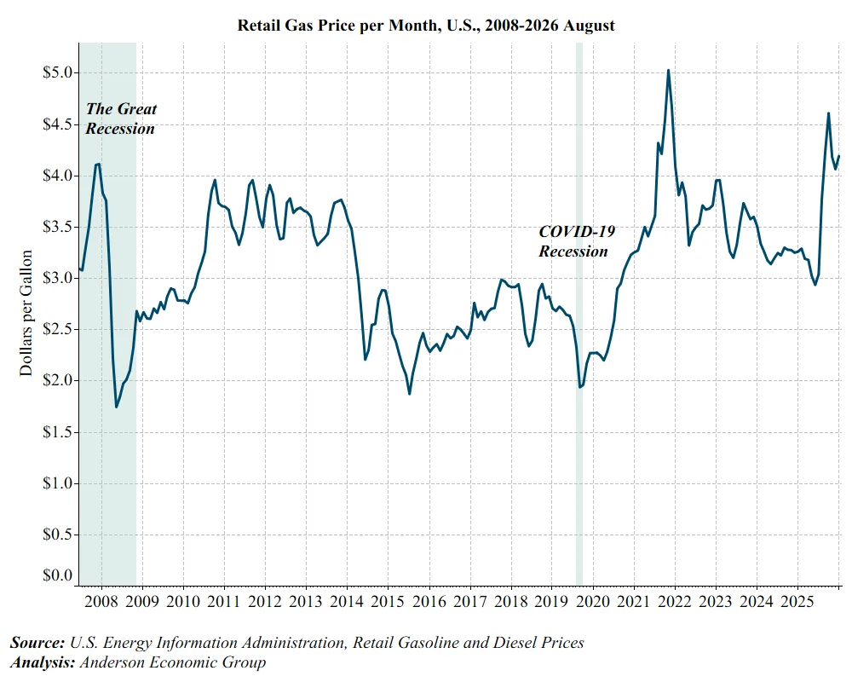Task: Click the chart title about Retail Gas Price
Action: (x=426, y=25)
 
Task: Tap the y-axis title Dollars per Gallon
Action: (x=26, y=313)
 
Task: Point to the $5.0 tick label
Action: (x=58, y=72)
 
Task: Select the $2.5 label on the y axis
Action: (x=58, y=329)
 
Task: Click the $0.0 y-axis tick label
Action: (x=58, y=575)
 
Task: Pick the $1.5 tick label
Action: (x=58, y=432)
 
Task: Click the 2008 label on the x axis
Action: (x=101, y=601)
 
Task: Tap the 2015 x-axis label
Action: (x=388, y=601)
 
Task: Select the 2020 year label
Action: (x=593, y=601)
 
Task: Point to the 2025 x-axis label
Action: (x=797, y=601)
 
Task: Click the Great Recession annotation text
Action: (x=121, y=118)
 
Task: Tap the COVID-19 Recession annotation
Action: (x=577, y=241)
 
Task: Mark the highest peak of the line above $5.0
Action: (x=668, y=70)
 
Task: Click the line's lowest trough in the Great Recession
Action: (x=116, y=407)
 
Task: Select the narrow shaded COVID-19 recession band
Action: (x=579, y=315)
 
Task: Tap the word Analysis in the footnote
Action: (x=43, y=662)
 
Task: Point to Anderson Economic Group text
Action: (x=173, y=662)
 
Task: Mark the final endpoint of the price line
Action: (x=839, y=157)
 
